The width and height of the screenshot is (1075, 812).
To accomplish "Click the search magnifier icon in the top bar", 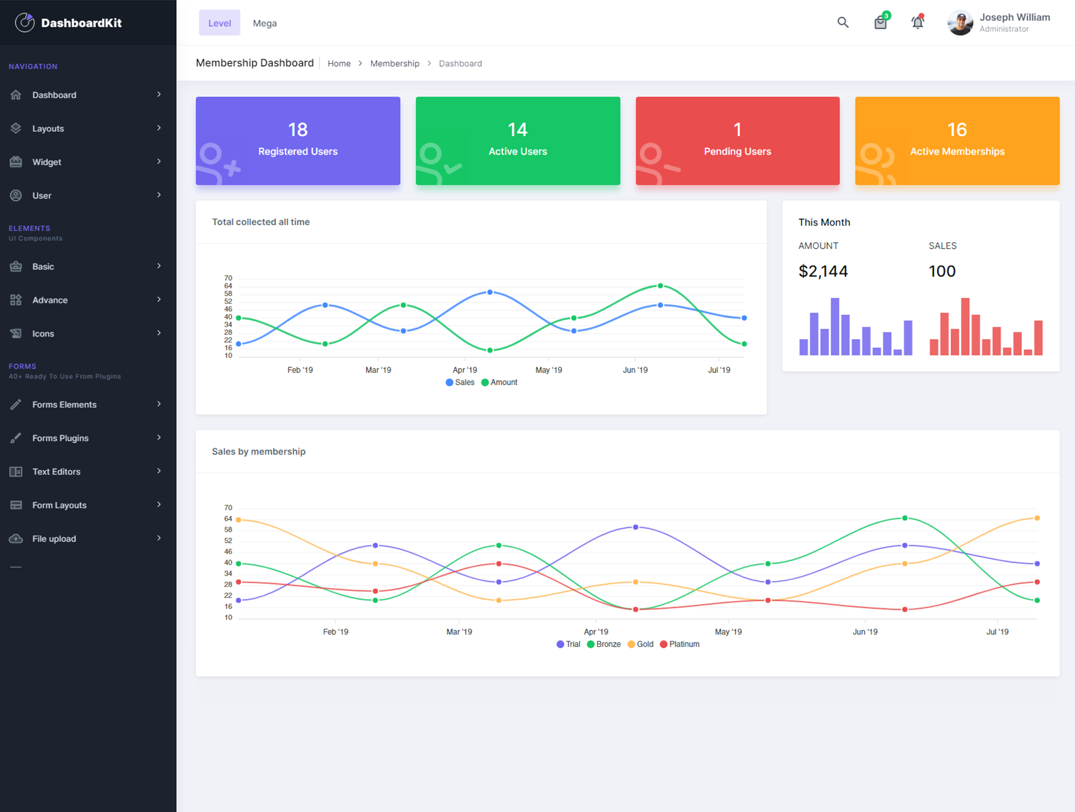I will [843, 23].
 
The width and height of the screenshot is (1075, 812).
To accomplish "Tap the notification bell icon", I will [917, 23].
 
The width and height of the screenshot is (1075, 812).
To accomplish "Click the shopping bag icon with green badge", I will [880, 23].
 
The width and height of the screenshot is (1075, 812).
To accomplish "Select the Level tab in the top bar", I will [219, 23].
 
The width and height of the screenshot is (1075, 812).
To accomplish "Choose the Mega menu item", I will [265, 23].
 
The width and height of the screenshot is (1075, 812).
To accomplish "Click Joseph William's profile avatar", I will [960, 23].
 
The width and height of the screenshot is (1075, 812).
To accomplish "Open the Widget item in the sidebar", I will [47, 162].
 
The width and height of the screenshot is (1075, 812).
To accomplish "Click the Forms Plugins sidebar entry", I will [60, 438].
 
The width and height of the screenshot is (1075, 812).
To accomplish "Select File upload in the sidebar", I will [54, 539].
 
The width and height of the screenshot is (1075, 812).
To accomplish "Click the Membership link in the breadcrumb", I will [394, 63].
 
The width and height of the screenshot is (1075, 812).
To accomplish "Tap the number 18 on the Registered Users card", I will [297, 130].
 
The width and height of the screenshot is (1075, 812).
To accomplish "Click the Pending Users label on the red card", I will [737, 152].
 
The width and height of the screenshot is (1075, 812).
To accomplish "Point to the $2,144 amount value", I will [823, 271].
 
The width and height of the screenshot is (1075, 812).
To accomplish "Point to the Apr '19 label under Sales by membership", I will [595, 632].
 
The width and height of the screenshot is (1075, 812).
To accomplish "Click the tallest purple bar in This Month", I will [835, 326].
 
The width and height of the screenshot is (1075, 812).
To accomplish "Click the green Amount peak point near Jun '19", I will [660, 286].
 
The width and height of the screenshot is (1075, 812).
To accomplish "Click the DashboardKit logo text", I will [81, 23].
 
